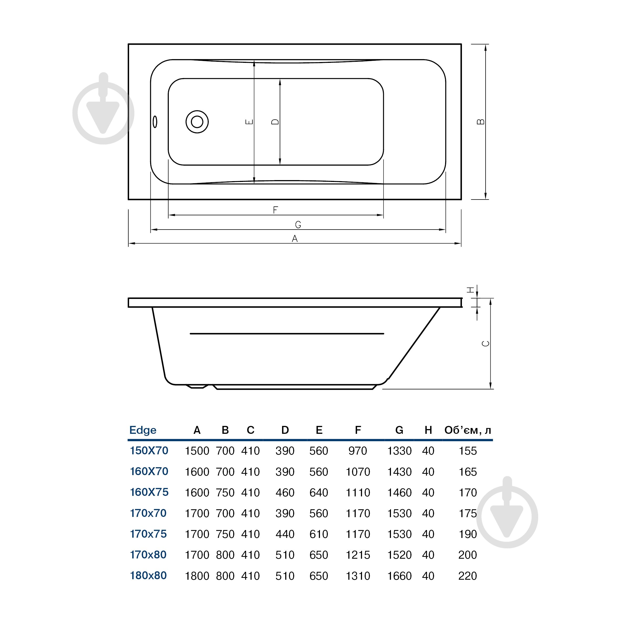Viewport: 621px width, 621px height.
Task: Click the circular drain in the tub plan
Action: pyautogui.click(x=197, y=122)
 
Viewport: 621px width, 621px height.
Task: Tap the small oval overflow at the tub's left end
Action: pyautogui.click(x=155, y=121)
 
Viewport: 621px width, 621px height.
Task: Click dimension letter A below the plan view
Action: pyautogui.click(x=294, y=238)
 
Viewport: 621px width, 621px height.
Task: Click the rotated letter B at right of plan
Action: pyautogui.click(x=481, y=121)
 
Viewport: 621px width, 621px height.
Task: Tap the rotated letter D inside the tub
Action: pyautogui.click(x=276, y=121)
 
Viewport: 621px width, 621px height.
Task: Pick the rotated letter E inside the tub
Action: pyautogui.click(x=250, y=121)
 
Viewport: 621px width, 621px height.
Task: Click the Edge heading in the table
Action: pyautogui.click(x=143, y=430)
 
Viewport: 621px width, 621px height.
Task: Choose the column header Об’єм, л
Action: pyautogui.click(x=468, y=430)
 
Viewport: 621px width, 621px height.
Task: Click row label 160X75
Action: pyautogui.click(x=149, y=492)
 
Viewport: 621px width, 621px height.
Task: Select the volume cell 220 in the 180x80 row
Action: pyautogui.click(x=467, y=576)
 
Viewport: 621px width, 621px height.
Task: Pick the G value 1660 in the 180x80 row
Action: pyautogui.click(x=399, y=576)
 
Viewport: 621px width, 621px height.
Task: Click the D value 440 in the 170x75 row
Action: pyautogui.click(x=285, y=534)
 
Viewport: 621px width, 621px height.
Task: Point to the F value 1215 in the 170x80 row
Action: pyautogui.click(x=358, y=555)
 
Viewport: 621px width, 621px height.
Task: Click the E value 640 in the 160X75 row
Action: pyautogui.click(x=319, y=492)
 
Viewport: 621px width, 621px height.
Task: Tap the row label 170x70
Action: pyautogui.click(x=148, y=513)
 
